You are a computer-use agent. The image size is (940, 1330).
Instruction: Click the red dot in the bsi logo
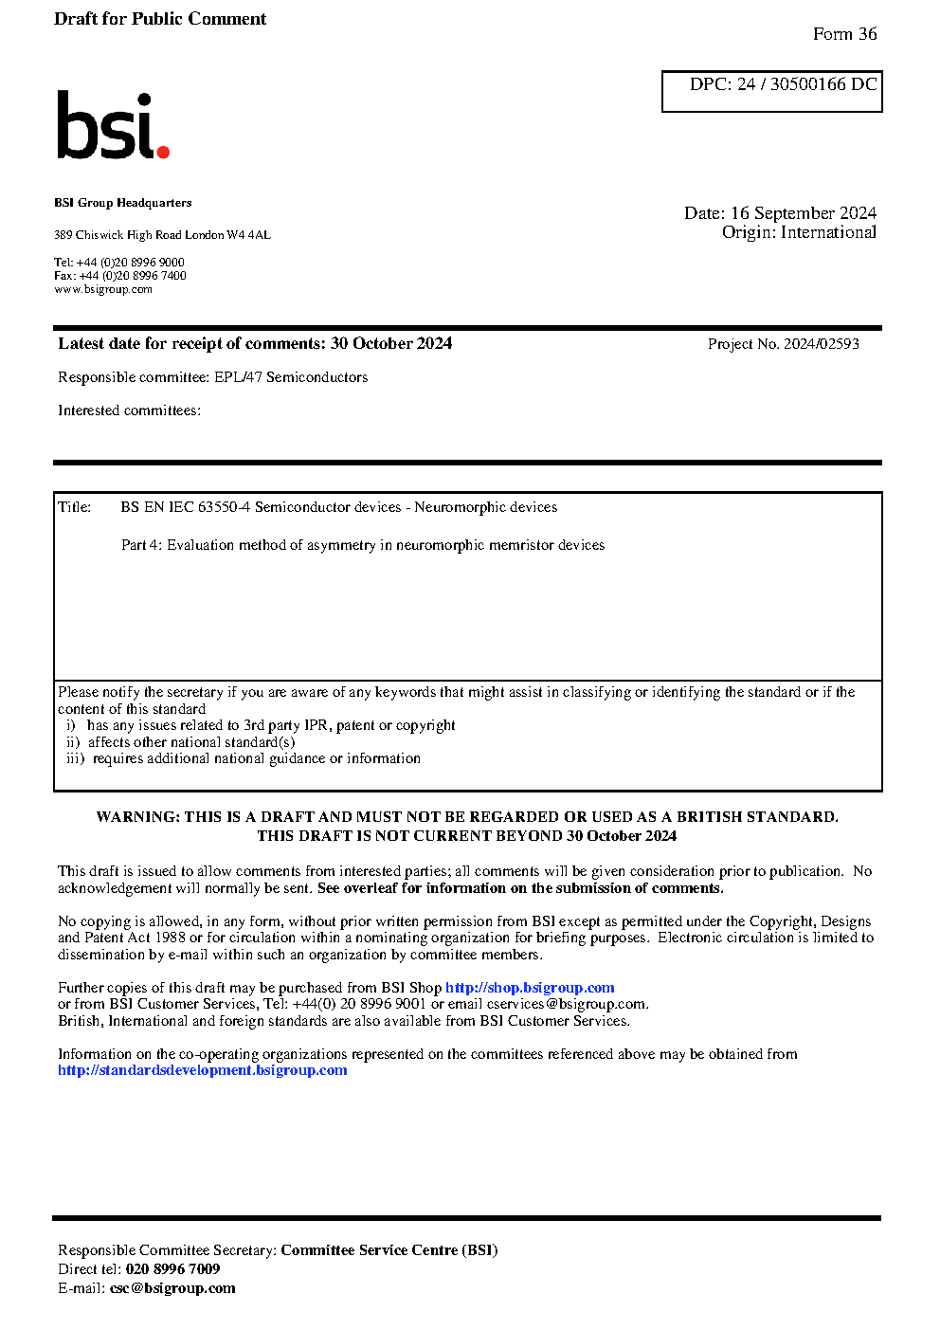[x=163, y=151]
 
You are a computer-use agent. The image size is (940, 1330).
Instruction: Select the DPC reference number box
[x=771, y=91]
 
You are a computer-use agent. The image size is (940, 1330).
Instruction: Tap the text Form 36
[x=844, y=34]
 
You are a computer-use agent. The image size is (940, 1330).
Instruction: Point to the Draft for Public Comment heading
[x=160, y=19]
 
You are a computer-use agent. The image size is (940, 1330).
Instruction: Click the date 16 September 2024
[x=803, y=213]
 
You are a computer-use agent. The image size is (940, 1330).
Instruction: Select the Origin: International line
[x=799, y=232]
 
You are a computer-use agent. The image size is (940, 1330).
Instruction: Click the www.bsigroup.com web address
[x=103, y=289]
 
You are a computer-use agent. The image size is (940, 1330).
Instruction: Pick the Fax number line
[x=120, y=276]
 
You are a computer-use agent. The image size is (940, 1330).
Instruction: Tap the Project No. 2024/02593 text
[x=783, y=344]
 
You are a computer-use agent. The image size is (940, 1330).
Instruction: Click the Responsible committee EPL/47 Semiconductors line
[x=212, y=377]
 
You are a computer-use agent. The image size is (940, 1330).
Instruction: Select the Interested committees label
[x=129, y=410]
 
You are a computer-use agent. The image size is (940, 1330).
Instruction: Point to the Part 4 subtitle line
[x=362, y=545]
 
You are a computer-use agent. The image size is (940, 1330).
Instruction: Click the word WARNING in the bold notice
[x=137, y=817]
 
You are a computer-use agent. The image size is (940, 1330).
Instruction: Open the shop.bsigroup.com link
[x=530, y=988]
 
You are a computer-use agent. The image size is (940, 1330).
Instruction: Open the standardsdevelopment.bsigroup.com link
[x=202, y=1070]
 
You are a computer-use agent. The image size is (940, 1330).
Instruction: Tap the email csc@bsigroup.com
[x=172, y=1288]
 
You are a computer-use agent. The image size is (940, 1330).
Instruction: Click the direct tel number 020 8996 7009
[x=172, y=1269]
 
